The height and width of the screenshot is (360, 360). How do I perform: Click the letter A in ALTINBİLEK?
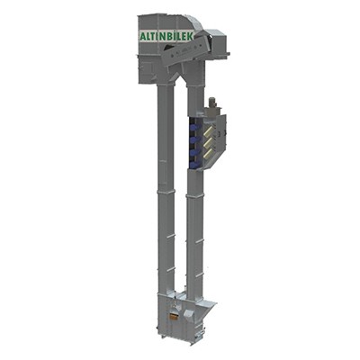(x=143, y=36)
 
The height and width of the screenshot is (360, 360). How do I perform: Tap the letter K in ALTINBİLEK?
(x=192, y=35)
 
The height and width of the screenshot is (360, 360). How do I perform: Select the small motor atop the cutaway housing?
(x=211, y=103)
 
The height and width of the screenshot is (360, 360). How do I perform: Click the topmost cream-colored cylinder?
(x=208, y=130)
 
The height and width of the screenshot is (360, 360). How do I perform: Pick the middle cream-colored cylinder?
(x=208, y=143)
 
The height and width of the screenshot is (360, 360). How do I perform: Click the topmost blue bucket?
(x=194, y=128)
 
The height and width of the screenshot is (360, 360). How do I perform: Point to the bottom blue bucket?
(x=194, y=164)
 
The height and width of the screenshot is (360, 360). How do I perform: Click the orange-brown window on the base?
(x=173, y=316)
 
